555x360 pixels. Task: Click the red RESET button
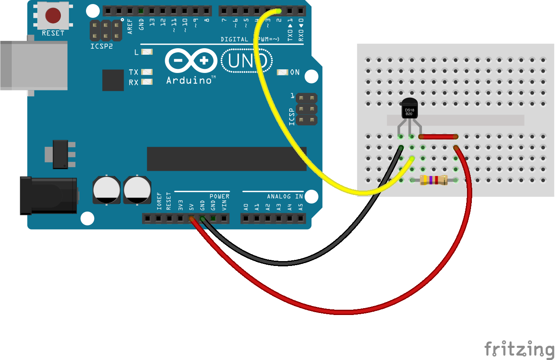click(x=53, y=15)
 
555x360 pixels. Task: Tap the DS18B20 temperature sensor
click(x=409, y=109)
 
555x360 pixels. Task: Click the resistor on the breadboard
click(x=434, y=180)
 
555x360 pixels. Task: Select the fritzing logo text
click(x=519, y=349)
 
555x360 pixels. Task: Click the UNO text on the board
click(x=247, y=61)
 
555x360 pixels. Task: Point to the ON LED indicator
click(x=282, y=73)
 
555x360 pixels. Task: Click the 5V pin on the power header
click(x=191, y=219)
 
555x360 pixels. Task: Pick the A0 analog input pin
click(x=246, y=219)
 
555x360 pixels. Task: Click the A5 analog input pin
click(x=301, y=219)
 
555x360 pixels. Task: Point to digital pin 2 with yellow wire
click(x=279, y=10)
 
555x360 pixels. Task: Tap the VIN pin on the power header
click(x=224, y=219)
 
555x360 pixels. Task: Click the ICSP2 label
click(x=101, y=46)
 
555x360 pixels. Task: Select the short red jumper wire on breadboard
click(x=438, y=137)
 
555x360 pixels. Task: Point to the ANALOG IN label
click(x=285, y=197)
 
